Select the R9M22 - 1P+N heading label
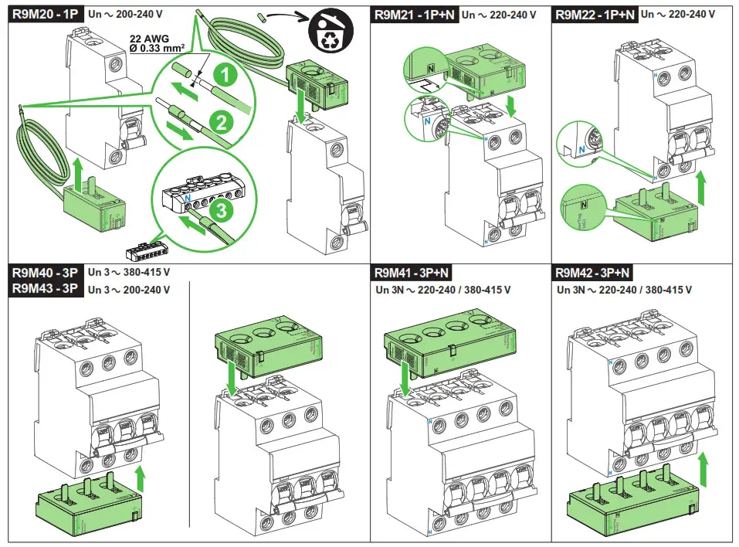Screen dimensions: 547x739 tap(594, 14)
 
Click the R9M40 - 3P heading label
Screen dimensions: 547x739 tap(46, 273)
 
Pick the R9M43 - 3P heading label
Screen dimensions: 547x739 tap(46, 290)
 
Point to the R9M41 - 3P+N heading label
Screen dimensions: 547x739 tap(411, 273)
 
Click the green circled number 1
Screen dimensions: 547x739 tap(224, 76)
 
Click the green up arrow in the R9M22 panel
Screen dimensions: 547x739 tap(701, 187)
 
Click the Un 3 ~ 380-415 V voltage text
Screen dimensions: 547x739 tap(128, 273)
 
